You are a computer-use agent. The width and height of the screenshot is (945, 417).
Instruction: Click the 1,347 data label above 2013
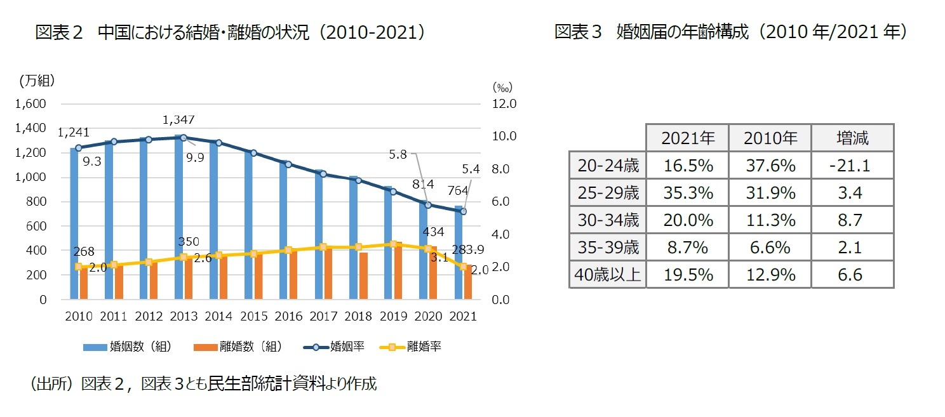(x=178, y=120)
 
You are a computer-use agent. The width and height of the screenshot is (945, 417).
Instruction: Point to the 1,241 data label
(x=73, y=133)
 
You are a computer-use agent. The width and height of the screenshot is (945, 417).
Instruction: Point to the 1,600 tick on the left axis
(x=31, y=103)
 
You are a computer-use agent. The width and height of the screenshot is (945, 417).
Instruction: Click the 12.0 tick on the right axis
(x=505, y=103)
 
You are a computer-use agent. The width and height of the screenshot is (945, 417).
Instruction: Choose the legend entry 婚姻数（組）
(x=127, y=347)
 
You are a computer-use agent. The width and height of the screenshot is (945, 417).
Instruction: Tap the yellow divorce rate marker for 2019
(x=394, y=244)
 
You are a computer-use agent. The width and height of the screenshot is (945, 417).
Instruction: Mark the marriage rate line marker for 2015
(x=253, y=153)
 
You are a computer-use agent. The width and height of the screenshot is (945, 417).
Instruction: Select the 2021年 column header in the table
(x=687, y=138)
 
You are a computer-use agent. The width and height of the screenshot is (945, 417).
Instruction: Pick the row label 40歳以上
(x=607, y=274)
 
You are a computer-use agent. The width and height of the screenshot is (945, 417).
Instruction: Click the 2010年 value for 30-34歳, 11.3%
(x=769, y=220)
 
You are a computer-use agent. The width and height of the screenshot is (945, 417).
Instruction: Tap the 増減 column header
(x=852, y=138)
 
